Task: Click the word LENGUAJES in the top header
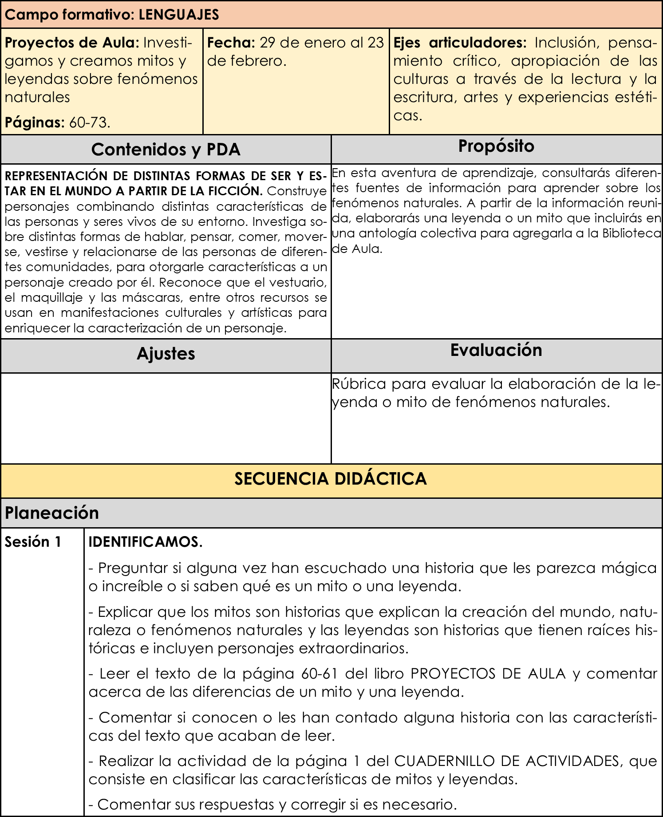[x=178, y=15]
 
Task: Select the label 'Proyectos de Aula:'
[x=72, y=43]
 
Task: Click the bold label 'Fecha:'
[x=231, y=43]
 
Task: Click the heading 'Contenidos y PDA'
[x=166, y=150]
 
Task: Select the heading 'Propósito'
[x=496, y=146]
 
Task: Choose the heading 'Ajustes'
[x=166, y=354]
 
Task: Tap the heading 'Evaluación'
[x=496, y=350]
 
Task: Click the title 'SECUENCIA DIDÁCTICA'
[x=331, y=479]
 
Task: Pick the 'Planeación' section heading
[x=52, y=513]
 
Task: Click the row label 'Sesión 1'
[x=33, y=542]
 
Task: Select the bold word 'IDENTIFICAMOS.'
[x=146, y=542]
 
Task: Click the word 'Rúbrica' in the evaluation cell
[x=359, y=384]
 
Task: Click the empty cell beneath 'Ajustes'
[x=166, y=418]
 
